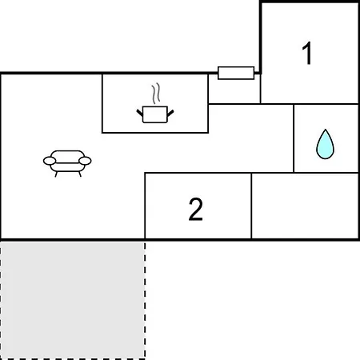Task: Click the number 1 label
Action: click(307, 53)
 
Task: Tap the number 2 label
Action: click(196, 210)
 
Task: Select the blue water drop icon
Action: click(325, 144)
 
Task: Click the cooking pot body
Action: click(155, 114)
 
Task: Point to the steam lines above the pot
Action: click(156, 94)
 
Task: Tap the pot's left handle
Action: click(140, 113)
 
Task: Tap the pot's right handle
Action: click(170, 113)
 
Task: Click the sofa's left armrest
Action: click(50, 161)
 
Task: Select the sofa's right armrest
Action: click(85, 161)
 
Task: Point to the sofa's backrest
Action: click(67, 157)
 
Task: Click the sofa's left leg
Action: click(56, 174)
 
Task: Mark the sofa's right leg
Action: click(80, 174)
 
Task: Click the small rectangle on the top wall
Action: click(236, 73)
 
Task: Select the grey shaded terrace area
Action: click(73, 300)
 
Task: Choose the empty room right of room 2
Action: click(305, 206)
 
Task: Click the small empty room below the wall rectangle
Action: click(234, 90)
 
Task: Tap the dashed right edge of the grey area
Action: click(145, 300)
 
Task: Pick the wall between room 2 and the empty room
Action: click(251, 206)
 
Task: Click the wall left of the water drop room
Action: click(294, 138)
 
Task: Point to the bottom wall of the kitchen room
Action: click(155, 132)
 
